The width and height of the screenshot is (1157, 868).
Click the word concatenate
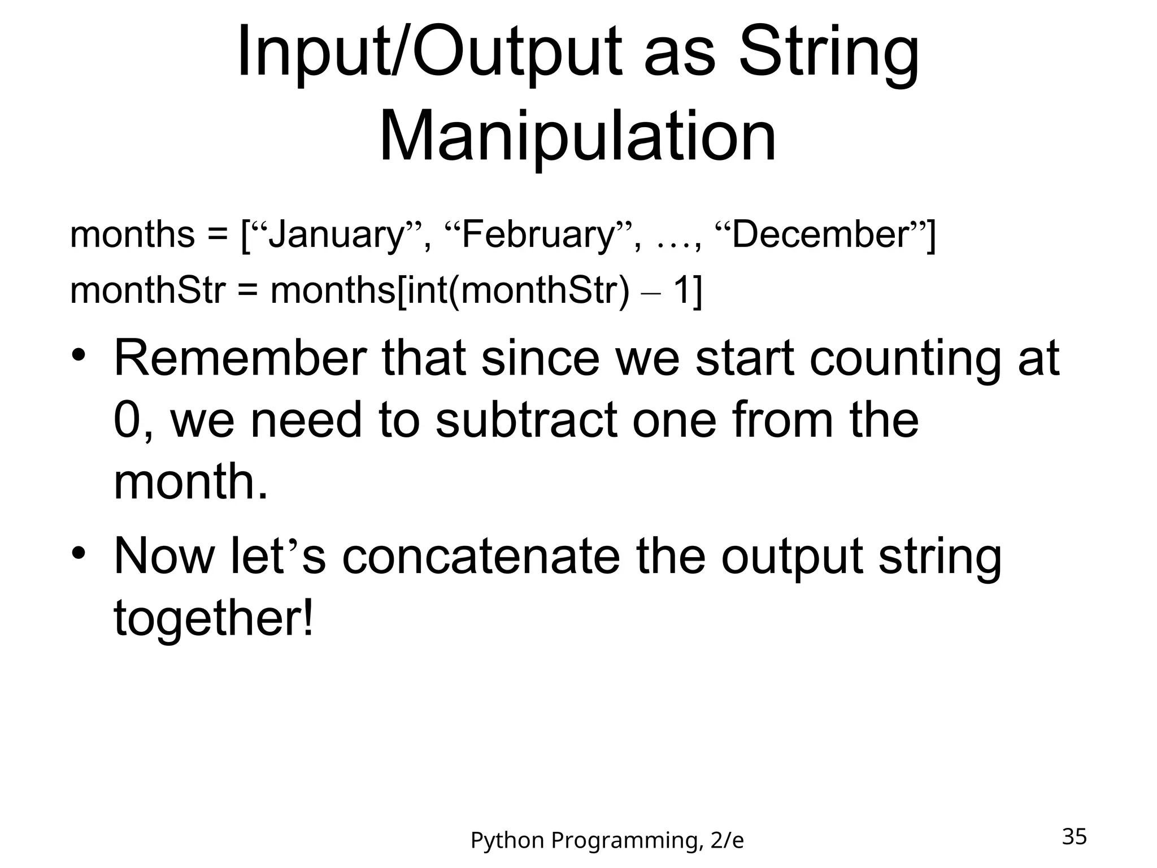click(481, 556)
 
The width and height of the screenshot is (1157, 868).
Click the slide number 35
click(1074, 836)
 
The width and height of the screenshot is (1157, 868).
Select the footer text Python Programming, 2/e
click(607, 841)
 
